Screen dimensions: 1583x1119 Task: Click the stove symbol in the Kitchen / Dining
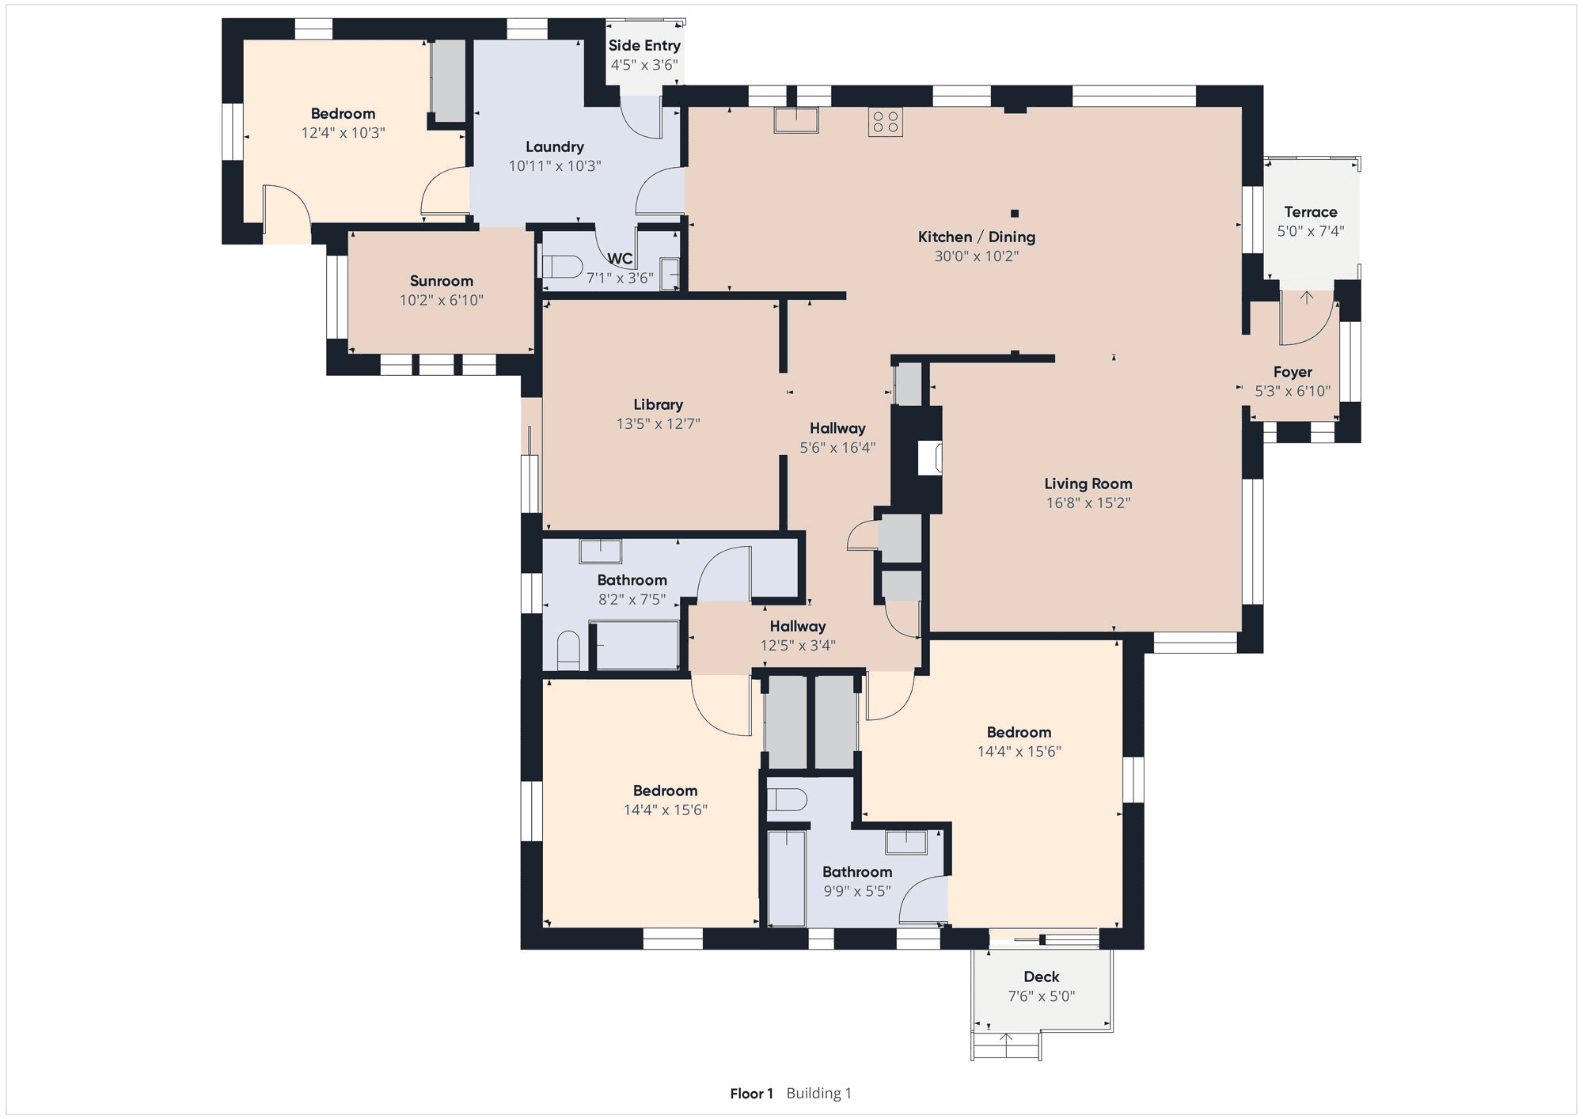click(885, 122)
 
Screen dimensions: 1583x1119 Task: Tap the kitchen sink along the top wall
click(796, 120)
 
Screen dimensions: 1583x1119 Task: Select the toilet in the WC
click(562, 266)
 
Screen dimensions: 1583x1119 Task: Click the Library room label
click(658, 404)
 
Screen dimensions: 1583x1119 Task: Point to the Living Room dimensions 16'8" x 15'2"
click(1088, 503)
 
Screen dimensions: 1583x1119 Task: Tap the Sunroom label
click(442, 281)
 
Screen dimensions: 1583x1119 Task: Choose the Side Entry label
click(644, 46)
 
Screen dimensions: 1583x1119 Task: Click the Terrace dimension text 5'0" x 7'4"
click(1311, 231)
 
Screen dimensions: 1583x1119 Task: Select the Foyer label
click(1293, 372)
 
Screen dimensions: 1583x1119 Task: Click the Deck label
click(1042, 977)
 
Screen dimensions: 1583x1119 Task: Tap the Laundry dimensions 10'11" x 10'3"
click(555, 166)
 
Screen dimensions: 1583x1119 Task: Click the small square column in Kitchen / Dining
click(1015, 213)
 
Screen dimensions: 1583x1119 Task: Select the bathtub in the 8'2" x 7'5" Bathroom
click(636, 645)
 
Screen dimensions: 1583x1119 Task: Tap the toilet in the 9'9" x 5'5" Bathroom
click(787, 799)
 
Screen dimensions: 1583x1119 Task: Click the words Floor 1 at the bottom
click(751, 1094)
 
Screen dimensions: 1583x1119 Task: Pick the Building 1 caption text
click(819, 1094)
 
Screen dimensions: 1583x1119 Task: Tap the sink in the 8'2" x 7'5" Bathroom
click(600, 551)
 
